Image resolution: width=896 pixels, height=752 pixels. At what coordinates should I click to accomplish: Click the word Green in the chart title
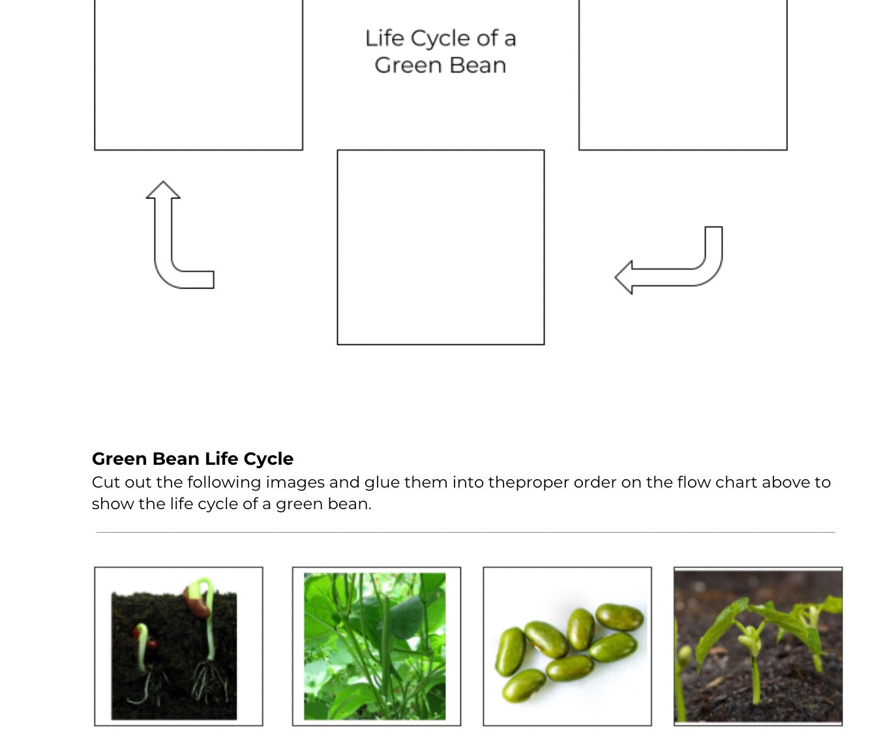point(407,65)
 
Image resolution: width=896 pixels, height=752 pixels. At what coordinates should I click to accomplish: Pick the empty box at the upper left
point(198,75)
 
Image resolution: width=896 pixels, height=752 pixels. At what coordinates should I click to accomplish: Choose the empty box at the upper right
point(682,75)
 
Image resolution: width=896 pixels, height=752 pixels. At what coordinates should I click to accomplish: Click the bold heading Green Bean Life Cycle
point(192,459)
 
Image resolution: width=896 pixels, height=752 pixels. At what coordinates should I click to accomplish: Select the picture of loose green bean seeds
point(567,646)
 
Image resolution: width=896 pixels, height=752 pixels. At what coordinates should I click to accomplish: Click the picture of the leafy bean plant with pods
point(376,646)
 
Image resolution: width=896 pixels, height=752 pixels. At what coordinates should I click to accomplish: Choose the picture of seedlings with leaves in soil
point(758,646)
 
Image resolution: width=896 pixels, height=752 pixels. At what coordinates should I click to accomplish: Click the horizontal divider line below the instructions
point(465,532)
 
